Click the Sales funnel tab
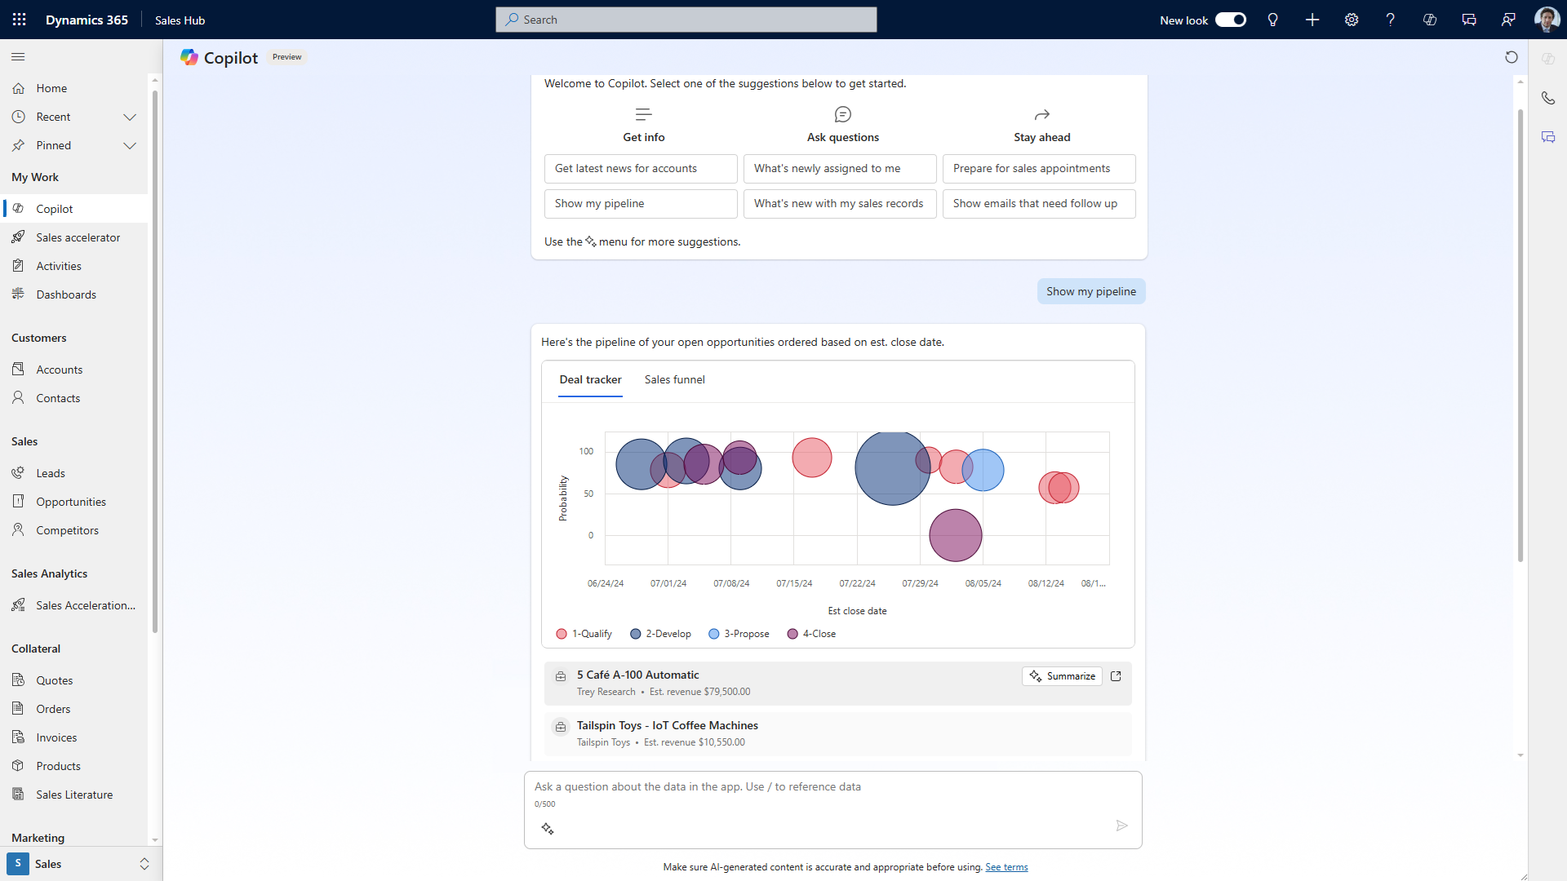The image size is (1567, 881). [x=674, y=379]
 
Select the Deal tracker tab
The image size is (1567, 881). [x=590, y=379]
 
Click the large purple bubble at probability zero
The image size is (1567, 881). [x=955, y=536]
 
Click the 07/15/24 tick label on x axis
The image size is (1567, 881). [x=794, y=583]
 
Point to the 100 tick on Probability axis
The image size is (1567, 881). [x=586, y=451]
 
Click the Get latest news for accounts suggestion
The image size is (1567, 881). [x=640, y=169]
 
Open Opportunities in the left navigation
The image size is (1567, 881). [x=71, y=502]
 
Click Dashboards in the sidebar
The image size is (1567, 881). [x=66, y=294]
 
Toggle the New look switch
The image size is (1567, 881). [x=1230, y=20]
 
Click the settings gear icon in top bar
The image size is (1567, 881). [x=1352, y=20]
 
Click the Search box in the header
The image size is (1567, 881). [x=686, y=20]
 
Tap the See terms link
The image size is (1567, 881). [x=1005, y=867]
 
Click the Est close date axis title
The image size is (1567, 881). [x=857, y=611]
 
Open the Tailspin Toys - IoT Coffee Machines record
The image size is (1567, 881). [x=667, y=725]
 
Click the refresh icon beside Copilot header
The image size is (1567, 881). [x=1511, y=57]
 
